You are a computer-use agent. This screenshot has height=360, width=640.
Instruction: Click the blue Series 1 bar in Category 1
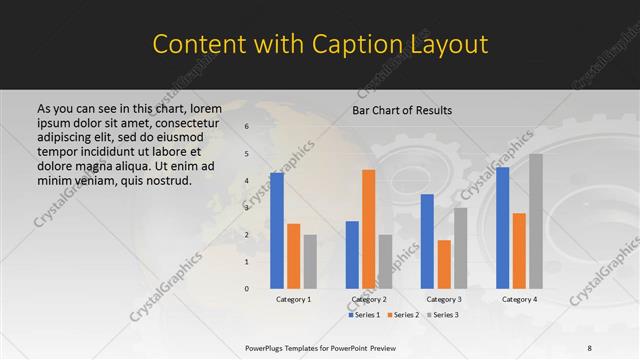point(277,231)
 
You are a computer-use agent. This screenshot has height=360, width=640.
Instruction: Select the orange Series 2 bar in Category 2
point(368,229)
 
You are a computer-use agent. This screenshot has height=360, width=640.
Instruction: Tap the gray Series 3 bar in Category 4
point(536,221)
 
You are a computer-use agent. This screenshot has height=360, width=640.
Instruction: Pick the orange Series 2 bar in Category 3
point(444,264)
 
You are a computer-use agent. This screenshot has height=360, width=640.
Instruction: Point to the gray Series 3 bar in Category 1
point(310,262)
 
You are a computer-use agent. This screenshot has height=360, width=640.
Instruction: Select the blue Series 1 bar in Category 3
point(427,241)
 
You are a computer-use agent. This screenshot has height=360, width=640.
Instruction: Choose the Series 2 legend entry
point(402,315)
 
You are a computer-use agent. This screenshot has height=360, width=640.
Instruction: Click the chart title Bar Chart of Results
point(402,110)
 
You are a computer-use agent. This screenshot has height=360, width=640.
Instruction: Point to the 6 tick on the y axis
point(246,127)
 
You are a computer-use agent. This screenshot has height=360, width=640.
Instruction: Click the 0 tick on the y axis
point(246,289)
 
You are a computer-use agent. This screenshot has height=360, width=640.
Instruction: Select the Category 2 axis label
point(368,300)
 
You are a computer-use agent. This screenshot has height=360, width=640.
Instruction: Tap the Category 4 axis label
point(519,300)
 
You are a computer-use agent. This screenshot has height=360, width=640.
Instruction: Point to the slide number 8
point(617,347)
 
